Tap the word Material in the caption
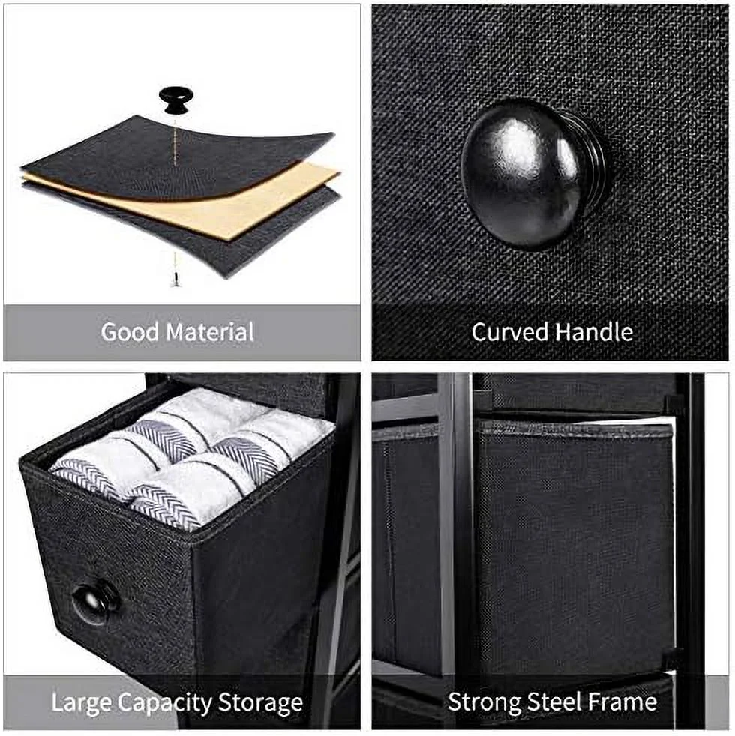click(211, 332)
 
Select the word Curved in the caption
click(509, 332)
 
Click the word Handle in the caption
click(593, 332)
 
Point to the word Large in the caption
click(81, 704)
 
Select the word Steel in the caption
click(555, 702)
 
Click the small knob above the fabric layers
click(175, 99)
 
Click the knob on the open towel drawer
click(95, 601)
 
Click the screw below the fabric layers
click(175, 279)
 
